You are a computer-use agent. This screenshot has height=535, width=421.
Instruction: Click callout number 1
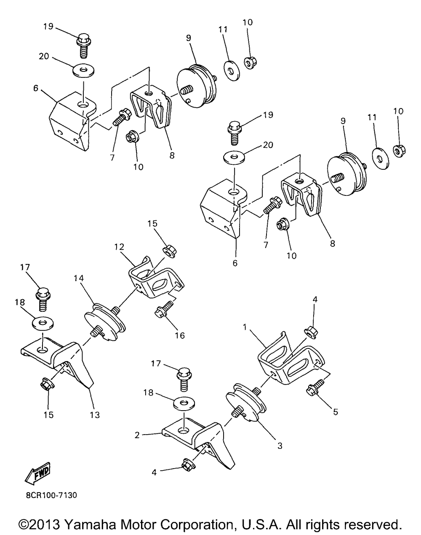[x=245, y=327]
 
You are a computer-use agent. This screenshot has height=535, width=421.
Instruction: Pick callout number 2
[x=137, y=435]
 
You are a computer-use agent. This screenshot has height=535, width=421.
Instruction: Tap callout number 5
[x=336, y=412]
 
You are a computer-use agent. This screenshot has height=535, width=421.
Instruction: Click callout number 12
[x=119, y=247]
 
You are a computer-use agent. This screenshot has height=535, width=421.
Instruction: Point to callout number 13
[x=95, y=415]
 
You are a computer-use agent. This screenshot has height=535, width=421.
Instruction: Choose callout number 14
[x=78, y=278]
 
